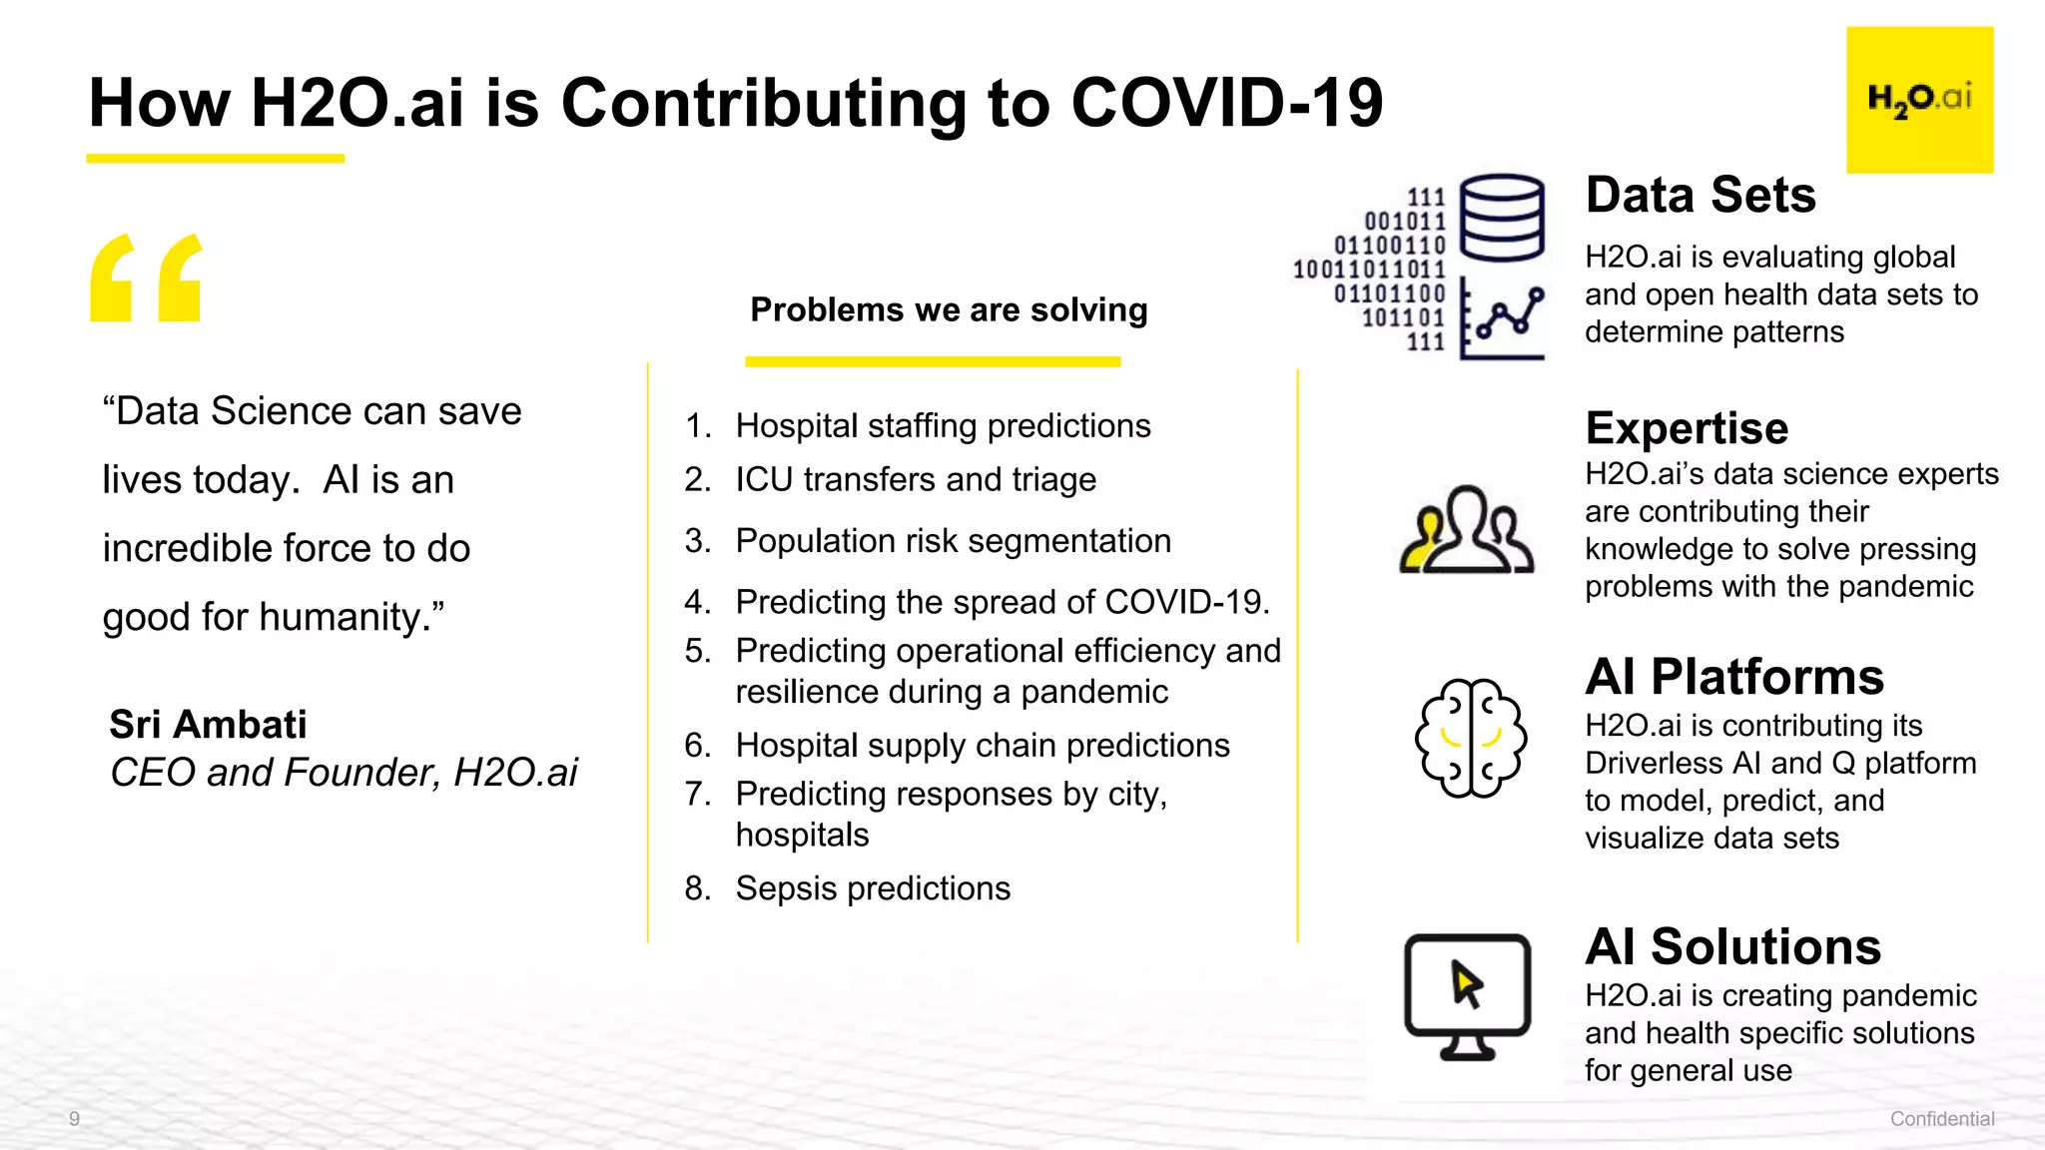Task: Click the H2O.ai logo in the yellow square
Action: (x=1919, y=99)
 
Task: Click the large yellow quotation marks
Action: (x=146, y=278)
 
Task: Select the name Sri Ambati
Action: (x=208, y=724)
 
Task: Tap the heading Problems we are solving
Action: (x=949, y=309)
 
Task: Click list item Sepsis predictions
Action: (x=873, y=887)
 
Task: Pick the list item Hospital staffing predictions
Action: (x=943, y=425)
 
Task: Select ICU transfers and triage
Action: (x=916, y=479)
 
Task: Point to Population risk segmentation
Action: (x=953, y=540)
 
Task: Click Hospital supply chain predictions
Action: (x=983, y=745)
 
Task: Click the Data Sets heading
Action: (x=1701, y=195)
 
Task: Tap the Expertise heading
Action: (x=1687, y=428)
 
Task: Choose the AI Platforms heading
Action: (x=1734, y=677)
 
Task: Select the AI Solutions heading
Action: (x=1732, y=946)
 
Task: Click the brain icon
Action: (x=1470, y=739)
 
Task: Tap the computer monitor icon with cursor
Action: (x=1467, y=994)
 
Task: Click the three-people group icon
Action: (x=1466, y=530)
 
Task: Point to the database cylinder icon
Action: (x=1502, y=217)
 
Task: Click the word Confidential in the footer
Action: (x=1941, y=1118)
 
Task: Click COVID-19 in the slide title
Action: (x=1226, y=103)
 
